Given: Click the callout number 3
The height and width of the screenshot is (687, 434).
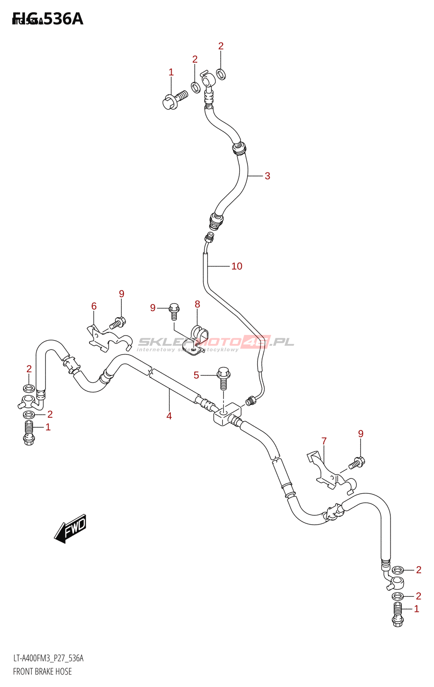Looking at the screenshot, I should [x=267, y=176].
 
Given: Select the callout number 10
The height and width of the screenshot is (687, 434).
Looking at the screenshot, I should [x=237, y=266].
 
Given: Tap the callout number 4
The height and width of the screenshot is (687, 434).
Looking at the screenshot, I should [x=169, y=416].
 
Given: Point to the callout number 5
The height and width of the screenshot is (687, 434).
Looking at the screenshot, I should [x=196, y=375].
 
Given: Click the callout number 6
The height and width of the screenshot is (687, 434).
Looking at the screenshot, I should [x=94, y=306].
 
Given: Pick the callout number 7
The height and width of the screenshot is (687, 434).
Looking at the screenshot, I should [x=324, y=441].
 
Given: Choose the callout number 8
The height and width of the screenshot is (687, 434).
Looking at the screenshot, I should [x=197, y=304].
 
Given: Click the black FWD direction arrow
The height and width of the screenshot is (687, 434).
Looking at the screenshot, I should [x=71, y=528].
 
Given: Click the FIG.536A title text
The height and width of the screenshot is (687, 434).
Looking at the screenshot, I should [x=48, y=19].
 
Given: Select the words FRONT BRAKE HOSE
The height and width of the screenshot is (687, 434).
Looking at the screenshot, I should [x=42, y=672].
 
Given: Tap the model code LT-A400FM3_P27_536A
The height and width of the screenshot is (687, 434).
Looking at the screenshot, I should [x=48, y=658].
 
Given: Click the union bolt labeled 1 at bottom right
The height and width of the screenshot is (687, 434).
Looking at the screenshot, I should [x=398, y=614].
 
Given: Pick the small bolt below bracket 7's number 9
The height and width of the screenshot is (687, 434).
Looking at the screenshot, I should [x=357, y=463].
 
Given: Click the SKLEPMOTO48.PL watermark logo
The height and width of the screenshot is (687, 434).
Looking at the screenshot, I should [x=216, y=342].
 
